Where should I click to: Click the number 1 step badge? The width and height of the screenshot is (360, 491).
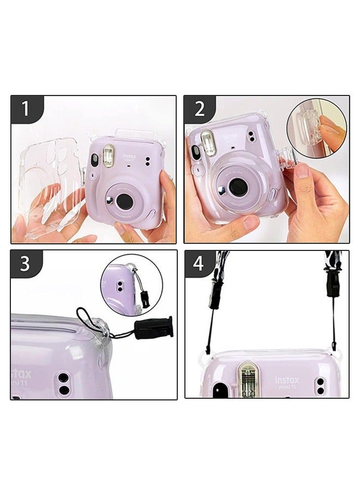25,109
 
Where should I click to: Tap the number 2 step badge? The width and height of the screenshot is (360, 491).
199,109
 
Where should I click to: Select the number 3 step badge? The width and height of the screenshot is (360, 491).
25,264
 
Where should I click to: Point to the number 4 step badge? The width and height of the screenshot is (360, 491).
199,264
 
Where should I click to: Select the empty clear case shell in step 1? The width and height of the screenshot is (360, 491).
49,183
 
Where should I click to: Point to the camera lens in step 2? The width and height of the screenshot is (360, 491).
237,187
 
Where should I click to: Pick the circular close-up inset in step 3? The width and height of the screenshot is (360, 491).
131,284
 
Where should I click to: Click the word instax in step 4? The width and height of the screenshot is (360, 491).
287,379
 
